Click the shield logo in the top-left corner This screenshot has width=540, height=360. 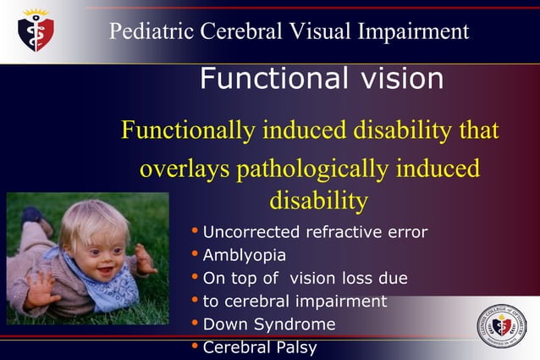coord(36,30)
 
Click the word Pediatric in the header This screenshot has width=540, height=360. coord(151,32)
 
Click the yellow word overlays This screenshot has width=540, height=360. coord(184,168)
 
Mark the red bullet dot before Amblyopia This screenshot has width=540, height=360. coord(196,254)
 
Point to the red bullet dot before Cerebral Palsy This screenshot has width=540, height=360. coord(196,346)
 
